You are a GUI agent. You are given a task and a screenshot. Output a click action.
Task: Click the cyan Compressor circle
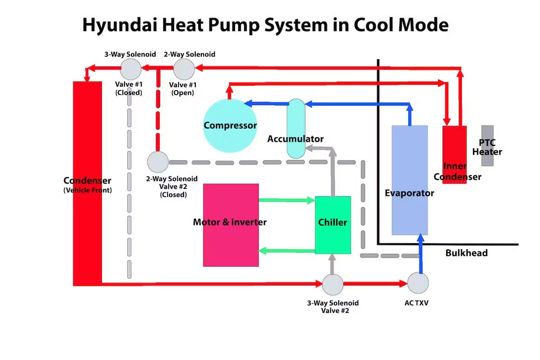[x=230, y=125]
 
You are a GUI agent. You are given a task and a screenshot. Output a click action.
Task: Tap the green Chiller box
[x=332, y=225]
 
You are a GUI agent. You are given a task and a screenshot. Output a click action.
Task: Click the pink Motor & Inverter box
[x=231, y=225]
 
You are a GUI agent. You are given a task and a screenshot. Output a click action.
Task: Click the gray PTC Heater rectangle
[x=487, y=145]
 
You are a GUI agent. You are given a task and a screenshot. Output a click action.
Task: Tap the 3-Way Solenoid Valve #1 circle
[x=130, y=69]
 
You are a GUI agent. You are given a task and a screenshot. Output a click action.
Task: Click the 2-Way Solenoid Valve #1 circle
[x=184, y=69]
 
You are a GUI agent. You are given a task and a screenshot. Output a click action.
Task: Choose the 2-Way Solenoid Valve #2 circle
[x=157, y=162]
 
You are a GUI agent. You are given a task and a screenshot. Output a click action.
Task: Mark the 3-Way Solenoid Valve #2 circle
[x=333, y=284]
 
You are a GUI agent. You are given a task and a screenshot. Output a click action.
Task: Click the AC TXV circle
[x=418, y=283]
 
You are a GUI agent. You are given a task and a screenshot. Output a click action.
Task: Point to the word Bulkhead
[x=466, y=253]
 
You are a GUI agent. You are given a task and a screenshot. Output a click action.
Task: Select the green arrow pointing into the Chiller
[x=309, y=200]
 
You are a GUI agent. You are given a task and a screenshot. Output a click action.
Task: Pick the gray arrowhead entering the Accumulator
[x=332, y=152]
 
